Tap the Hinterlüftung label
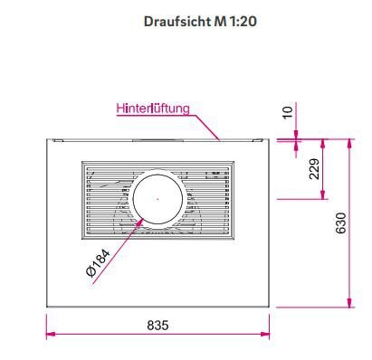(152, 109)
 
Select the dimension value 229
(313, 170)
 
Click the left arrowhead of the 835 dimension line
(49, 335)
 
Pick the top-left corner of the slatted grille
(82, 164)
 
